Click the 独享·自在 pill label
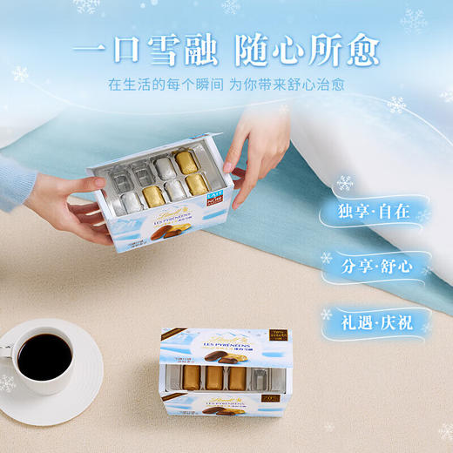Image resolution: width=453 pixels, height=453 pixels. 375,212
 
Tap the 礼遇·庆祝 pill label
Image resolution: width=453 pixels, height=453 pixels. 375,321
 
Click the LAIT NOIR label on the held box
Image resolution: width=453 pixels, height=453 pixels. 215,199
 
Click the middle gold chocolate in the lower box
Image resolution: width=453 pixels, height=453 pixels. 213,376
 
